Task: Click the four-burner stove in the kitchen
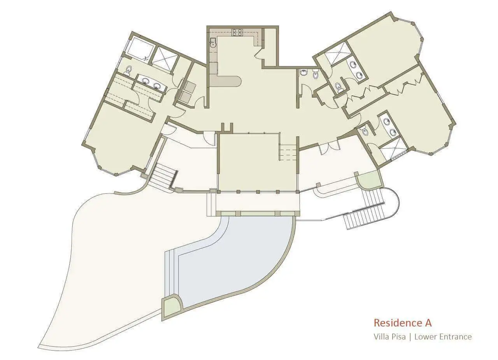coord(237,32)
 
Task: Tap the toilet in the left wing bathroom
coord(128,71)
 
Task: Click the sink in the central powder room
coord(303,72)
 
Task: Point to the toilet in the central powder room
coord(315,74)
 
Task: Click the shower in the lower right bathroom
coord(393,149)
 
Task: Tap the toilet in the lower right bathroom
coord(365,132)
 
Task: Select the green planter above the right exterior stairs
coord(369,180)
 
